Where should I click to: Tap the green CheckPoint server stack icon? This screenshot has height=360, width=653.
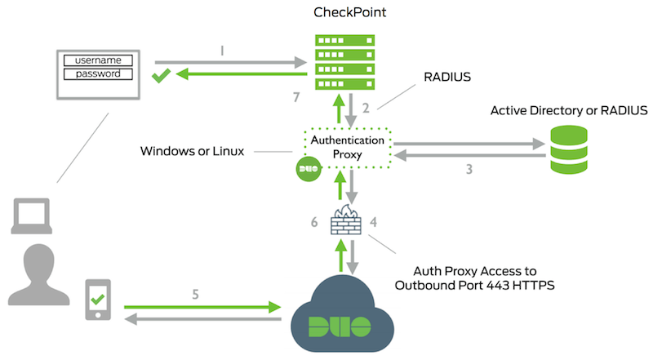344,55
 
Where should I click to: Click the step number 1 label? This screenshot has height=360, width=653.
222,50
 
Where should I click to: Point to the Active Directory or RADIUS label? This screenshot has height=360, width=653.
568,110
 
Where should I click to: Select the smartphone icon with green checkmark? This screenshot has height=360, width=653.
98,300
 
